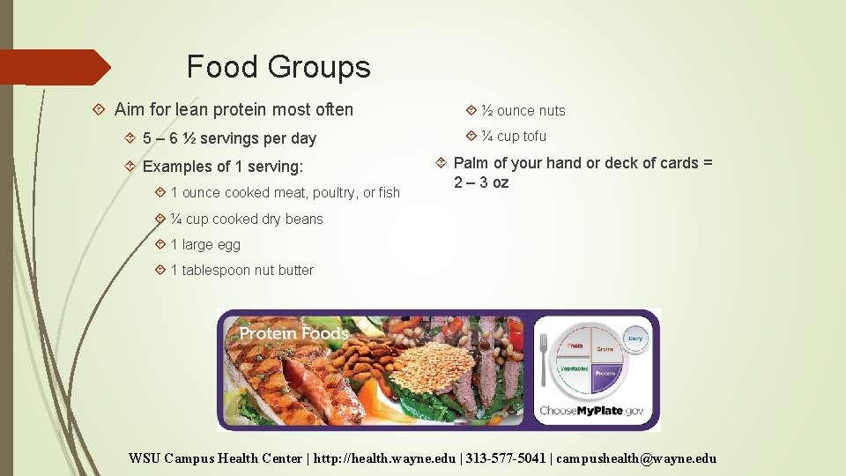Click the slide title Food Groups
[278, 67]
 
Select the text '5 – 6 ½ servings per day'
[229, 138]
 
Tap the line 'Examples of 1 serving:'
[222, 167]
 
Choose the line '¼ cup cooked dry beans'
[247, 219]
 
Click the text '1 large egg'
[205, 244]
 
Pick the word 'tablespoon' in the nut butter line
[216, 270]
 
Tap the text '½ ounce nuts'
[523, 111]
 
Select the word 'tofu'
[534, 136]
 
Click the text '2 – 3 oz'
[481, 182]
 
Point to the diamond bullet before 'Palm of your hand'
[442, 163]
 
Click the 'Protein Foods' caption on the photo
[293, 333]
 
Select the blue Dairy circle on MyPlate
[634, 338]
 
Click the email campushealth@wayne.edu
[637, 458]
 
